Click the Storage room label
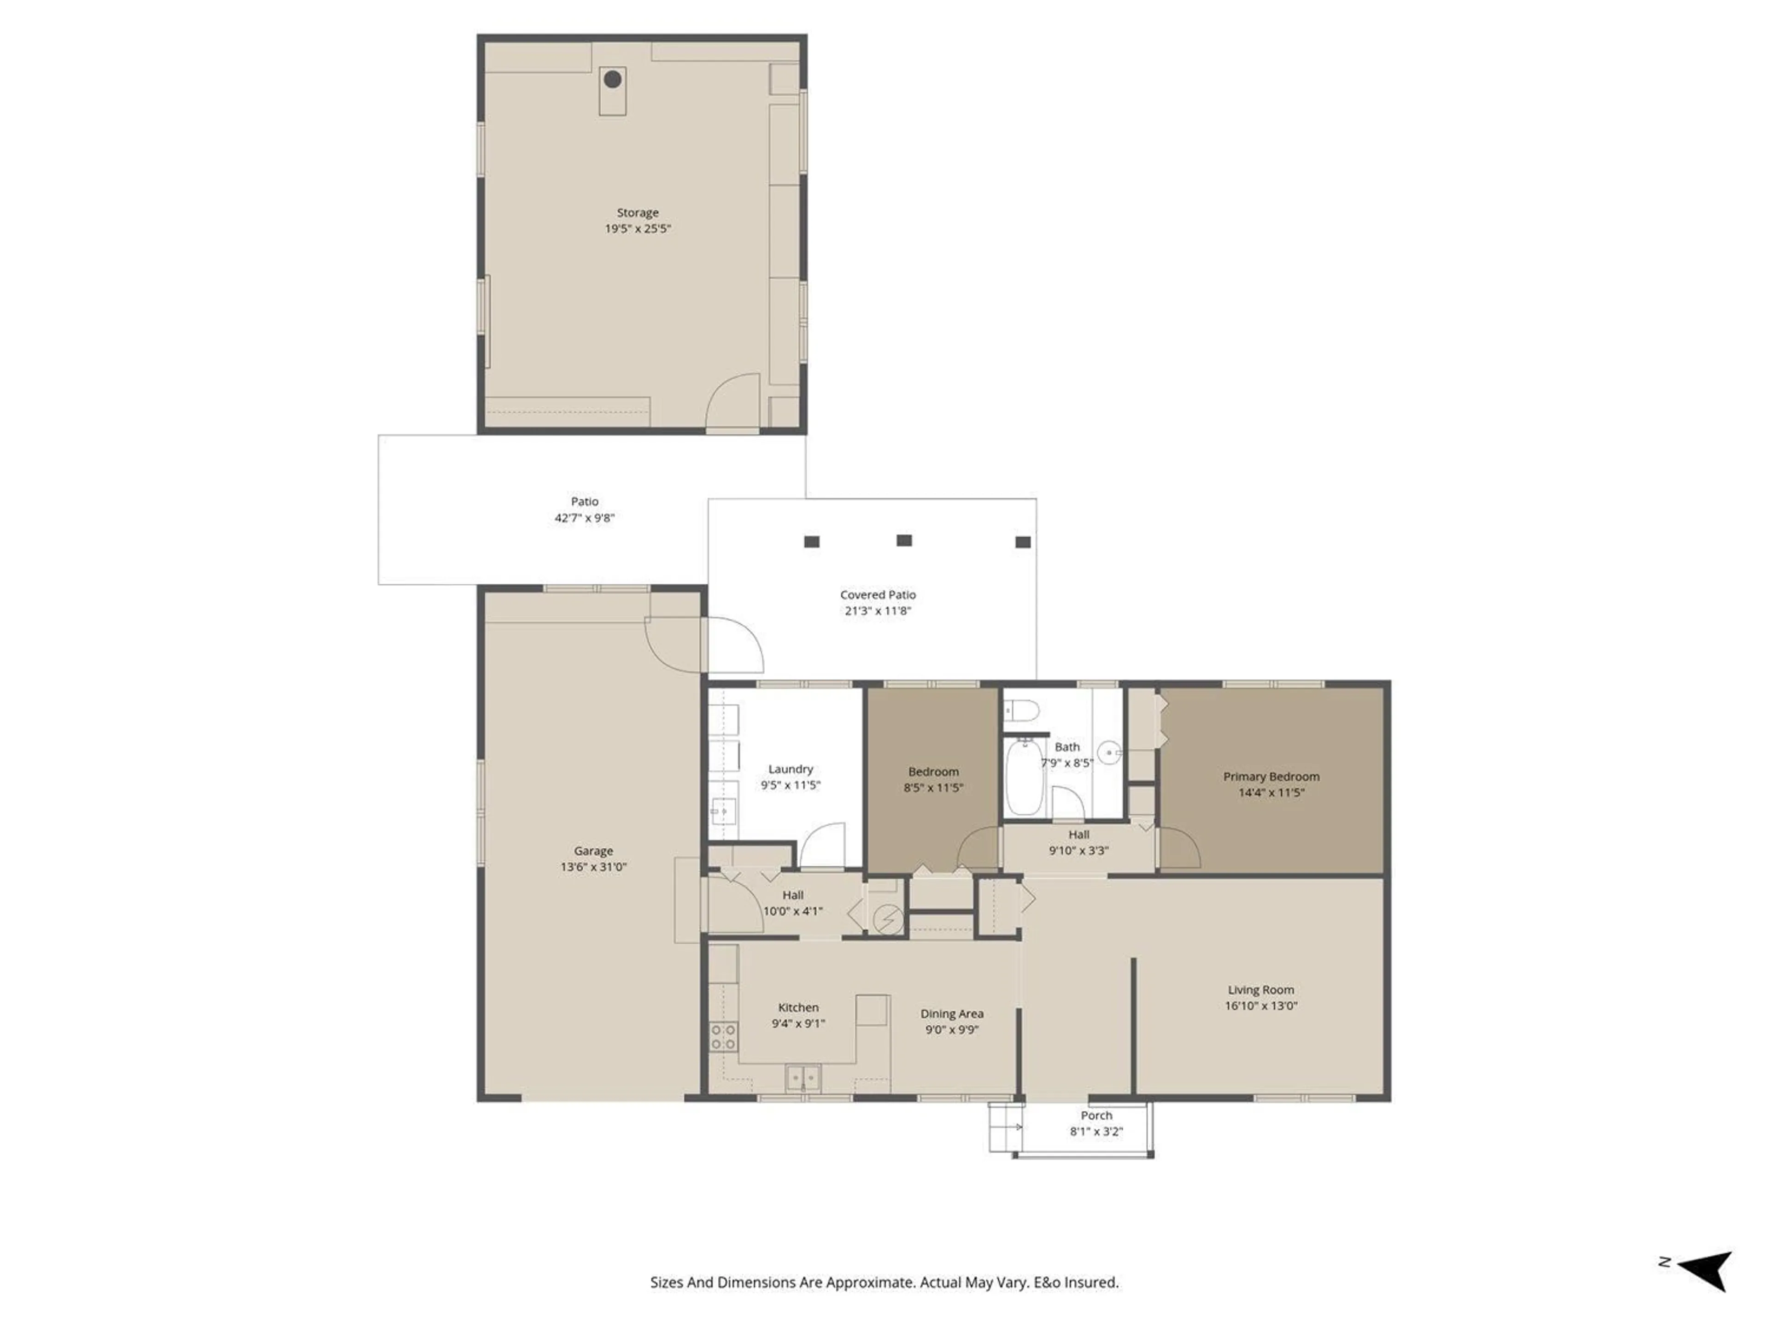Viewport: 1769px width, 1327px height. [638, 213]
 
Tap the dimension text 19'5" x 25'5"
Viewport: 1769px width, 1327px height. [638, 229]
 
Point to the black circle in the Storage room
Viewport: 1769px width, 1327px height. [613, 79]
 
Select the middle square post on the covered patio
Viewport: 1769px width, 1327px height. [904, 541]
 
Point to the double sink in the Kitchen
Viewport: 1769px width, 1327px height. [803, 1078]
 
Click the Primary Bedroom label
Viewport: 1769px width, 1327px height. [1271, 777]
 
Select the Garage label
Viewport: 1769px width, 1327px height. [593, 851]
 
